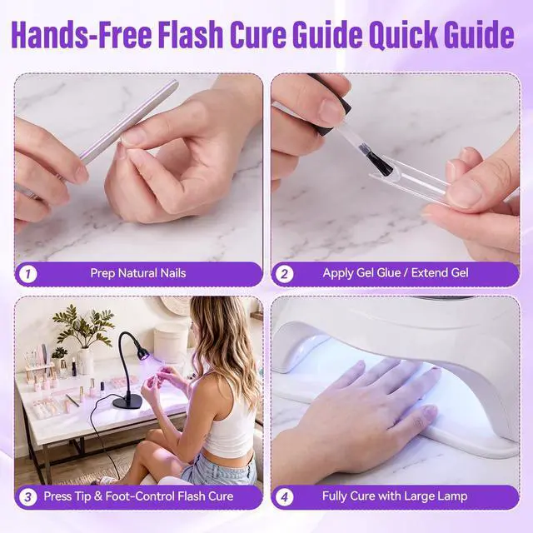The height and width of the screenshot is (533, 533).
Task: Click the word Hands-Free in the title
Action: click(82, 34)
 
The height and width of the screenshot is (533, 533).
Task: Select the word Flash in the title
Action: click(191, 34)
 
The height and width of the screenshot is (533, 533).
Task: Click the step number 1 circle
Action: click(27, 274)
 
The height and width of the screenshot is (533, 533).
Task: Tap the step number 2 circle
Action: click(285, 274)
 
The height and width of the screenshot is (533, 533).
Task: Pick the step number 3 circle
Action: click(27, 497)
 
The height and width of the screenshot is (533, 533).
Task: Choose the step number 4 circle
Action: click(285, 497)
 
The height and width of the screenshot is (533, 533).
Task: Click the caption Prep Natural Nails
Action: click(138, 273)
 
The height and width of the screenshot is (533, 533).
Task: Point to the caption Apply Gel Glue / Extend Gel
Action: click(396, 273)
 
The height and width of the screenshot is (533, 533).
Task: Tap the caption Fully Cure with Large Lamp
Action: click(395, 496)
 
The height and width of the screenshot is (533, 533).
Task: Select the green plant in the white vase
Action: click(82, 326)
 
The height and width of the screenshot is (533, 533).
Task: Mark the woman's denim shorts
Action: click(217, 466)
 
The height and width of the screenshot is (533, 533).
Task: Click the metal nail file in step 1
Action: click(129, 122)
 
